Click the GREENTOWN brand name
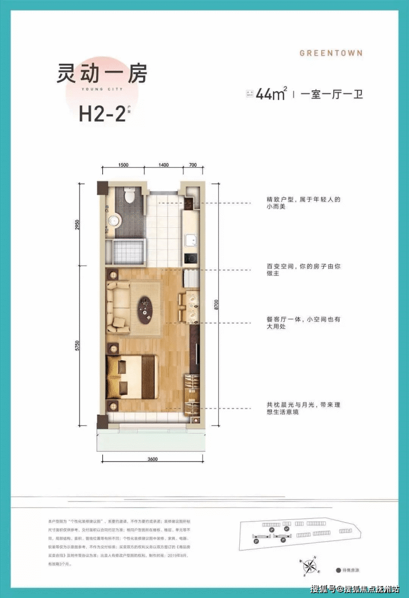[x=331, y=53]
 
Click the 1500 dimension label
[x=123, y=165]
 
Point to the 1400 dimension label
[x=163, y=165]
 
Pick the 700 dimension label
[x=192, y=165]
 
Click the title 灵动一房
[x=103, y=74]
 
